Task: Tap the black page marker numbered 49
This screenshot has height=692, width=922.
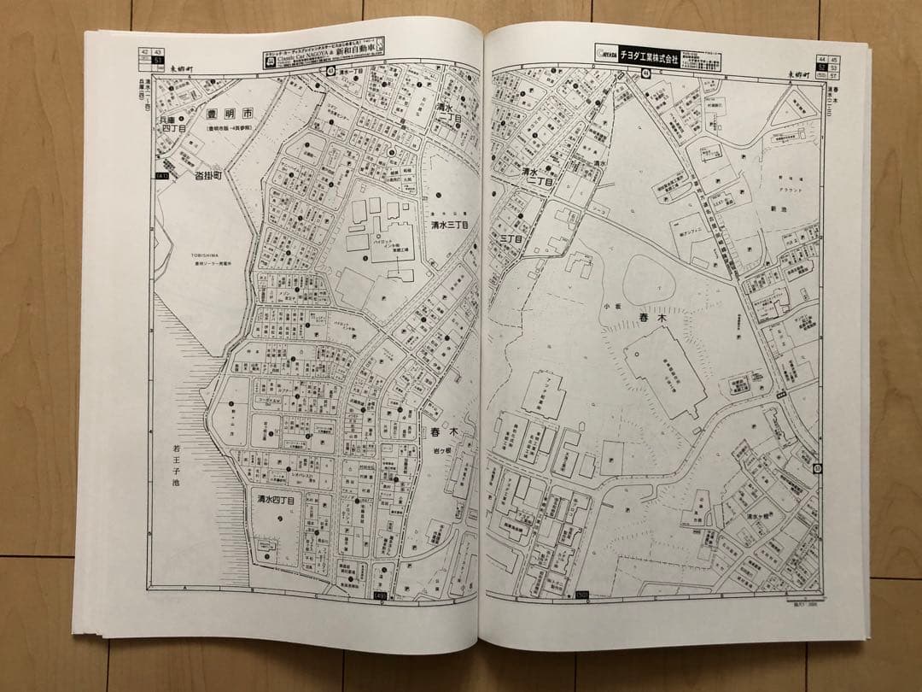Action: pyautogui.click(x=381, y=595)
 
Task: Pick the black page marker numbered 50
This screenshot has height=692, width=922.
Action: pyautogui.click(x=584, y=595)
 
